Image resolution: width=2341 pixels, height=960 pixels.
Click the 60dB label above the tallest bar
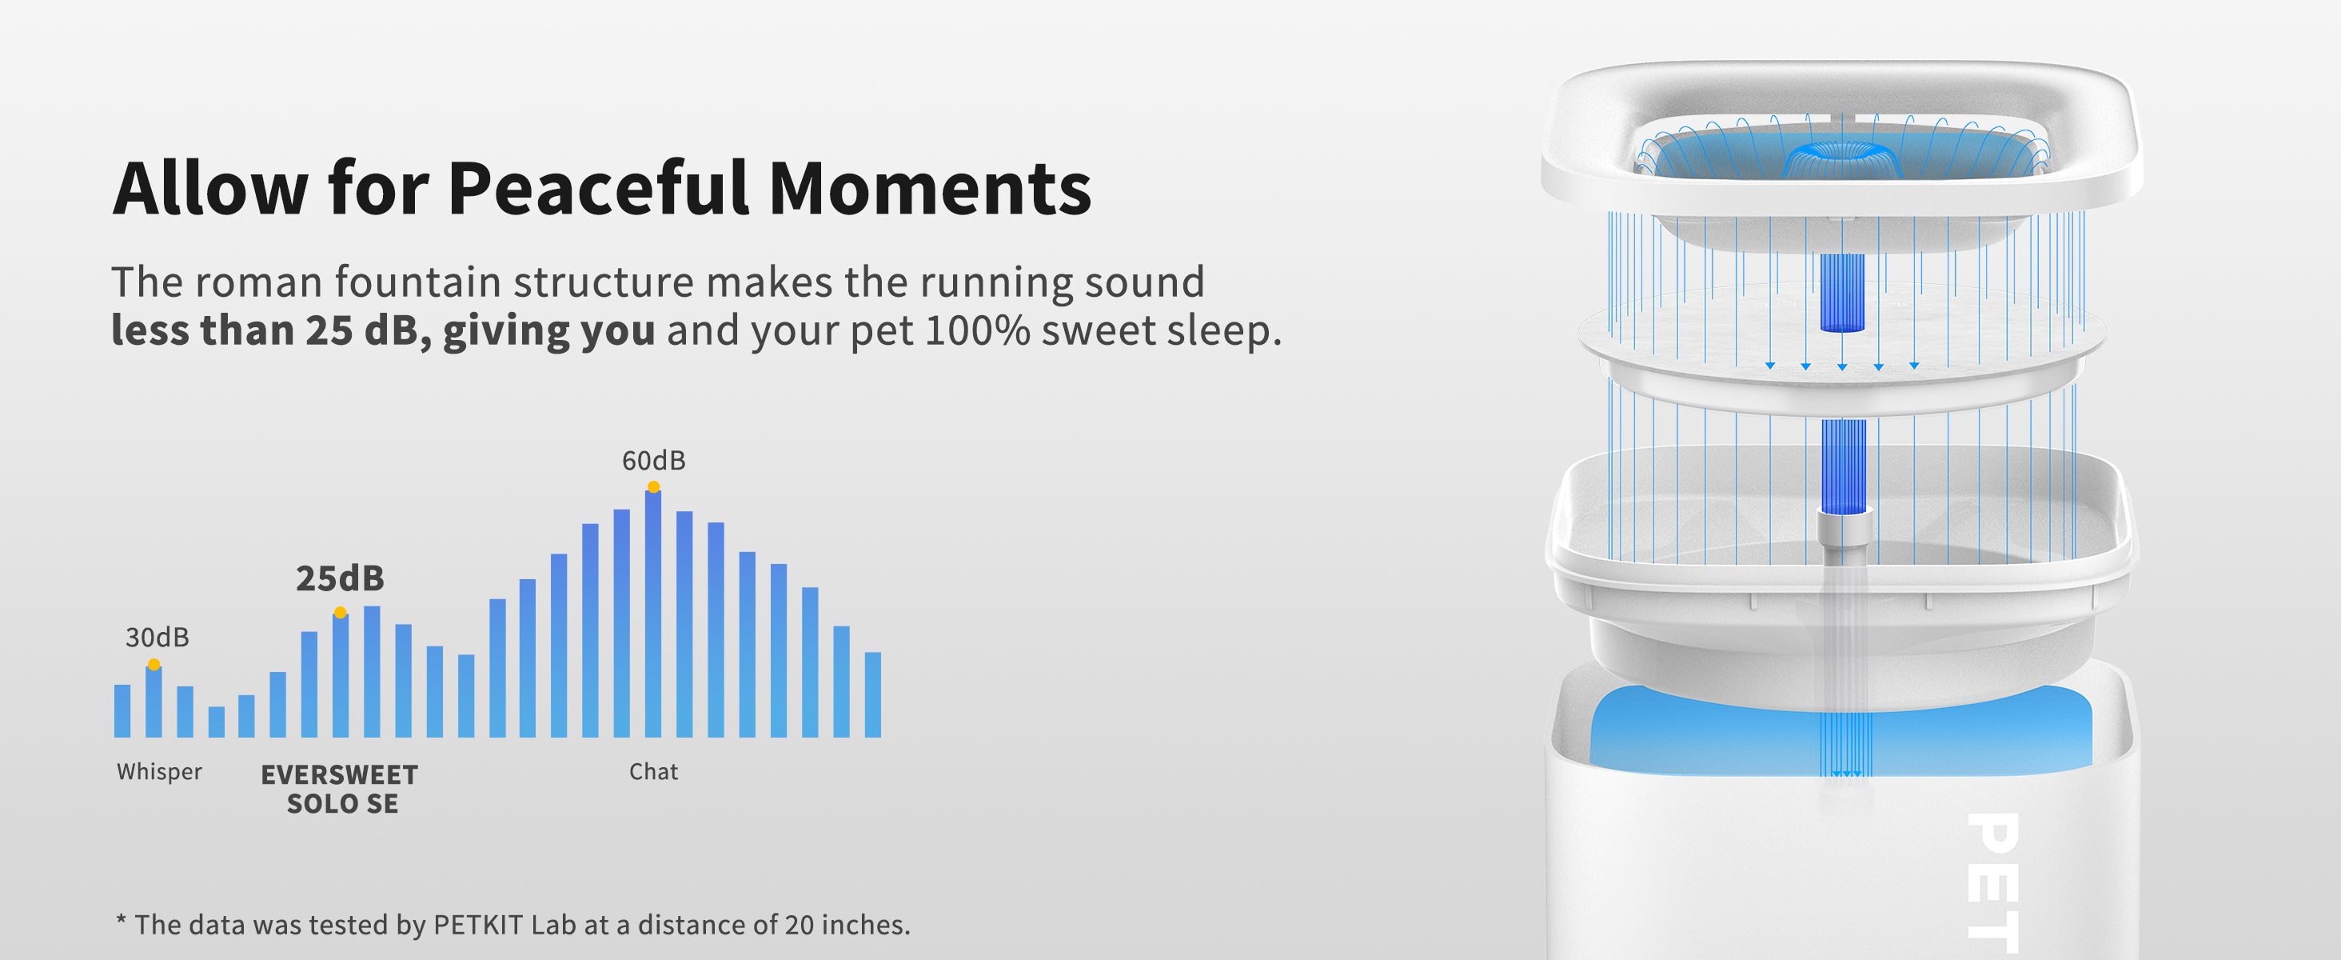(653, 461)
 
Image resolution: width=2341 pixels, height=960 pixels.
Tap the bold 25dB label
(340, 578)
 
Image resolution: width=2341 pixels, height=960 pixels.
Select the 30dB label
(158, 638)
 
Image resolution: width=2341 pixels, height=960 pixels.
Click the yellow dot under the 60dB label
(653, 487)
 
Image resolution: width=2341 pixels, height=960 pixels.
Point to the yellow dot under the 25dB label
(340, 613)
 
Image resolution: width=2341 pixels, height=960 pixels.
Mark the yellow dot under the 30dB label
(154, 665)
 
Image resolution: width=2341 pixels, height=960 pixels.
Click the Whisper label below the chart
(159, 772)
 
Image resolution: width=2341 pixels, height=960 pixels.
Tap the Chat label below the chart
(653, 772)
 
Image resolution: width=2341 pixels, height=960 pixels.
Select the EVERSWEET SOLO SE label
(340, 789)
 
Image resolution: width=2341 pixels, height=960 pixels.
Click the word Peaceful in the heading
(598, 189)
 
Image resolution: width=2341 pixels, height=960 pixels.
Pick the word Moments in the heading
(930, 189)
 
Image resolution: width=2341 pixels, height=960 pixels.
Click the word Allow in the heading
(210, 189)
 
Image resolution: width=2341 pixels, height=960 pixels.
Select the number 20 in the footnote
(799, 926)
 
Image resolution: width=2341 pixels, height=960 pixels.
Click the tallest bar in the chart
(653, 614)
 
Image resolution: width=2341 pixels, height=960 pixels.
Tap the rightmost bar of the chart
(872, 694)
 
